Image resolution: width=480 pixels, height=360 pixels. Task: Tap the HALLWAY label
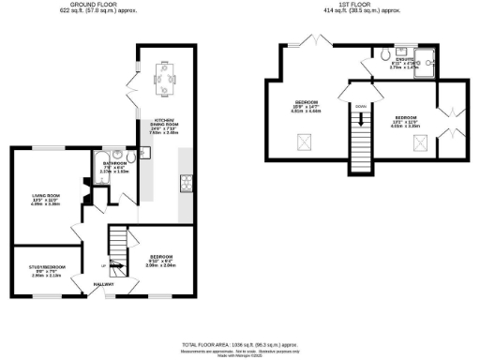pos(103,285)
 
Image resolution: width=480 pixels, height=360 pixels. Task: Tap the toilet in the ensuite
pos(386,55)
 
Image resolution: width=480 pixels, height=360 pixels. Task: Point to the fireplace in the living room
pos(85,196)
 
